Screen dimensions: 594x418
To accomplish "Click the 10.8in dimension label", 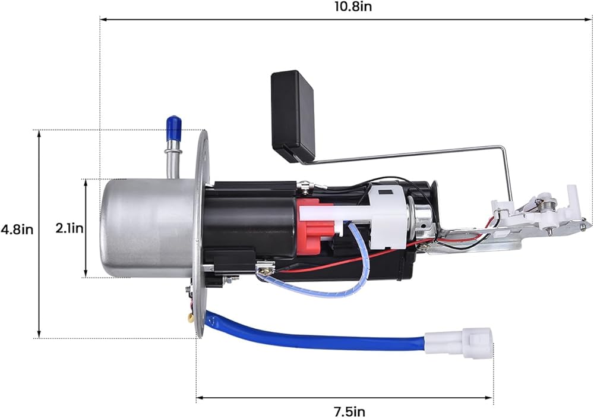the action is pyautogui.click(x=353, y=7).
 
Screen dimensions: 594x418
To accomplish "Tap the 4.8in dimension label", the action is pyautogui.click(x=17, y=230).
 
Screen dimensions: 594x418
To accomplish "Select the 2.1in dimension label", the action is pyautogui.click(x=69, y=228).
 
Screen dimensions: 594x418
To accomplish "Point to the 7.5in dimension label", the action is pyautogui.click(x=349, y=411).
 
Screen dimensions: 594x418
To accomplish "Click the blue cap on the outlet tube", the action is pyautogui.click(x=173, y=127).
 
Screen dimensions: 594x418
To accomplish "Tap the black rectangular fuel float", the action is pyautogui.click(x=293, y=116).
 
